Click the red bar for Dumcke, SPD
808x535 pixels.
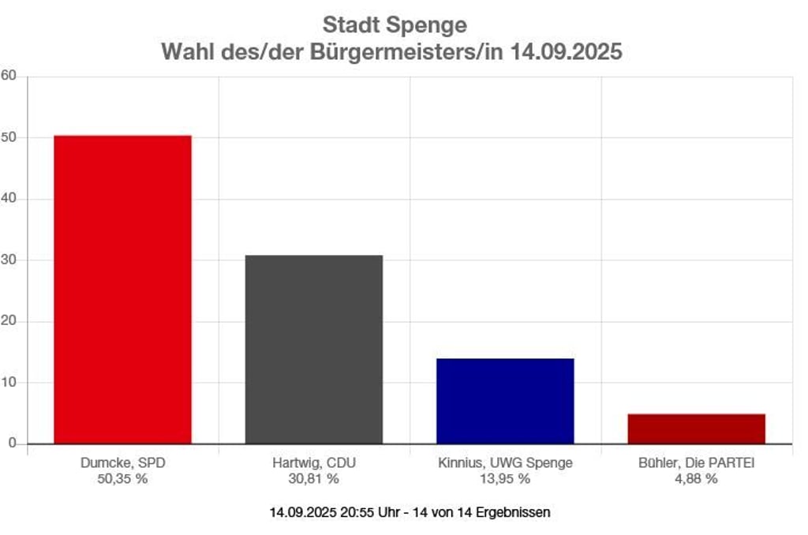[122, 289]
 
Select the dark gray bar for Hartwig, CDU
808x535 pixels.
[314, 349]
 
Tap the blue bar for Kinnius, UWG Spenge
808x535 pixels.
[505, 401]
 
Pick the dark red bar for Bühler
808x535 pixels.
[696, 428]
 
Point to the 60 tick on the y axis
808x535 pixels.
[9, 77]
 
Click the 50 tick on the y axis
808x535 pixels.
[9, 137]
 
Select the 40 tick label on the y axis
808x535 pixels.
[9, 199]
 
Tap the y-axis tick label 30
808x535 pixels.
[9, 260]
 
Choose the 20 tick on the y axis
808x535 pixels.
[9, 321]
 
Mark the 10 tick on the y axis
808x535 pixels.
[9, 383]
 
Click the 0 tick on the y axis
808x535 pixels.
[12, 443]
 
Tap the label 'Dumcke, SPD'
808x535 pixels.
[122, 463]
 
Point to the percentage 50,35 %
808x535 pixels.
[122, 479]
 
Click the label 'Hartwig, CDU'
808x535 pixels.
[314, 463]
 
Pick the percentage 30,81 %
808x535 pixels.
[314, 479]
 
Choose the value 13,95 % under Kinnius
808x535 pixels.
[505, 479]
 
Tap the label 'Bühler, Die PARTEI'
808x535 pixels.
[696, 463]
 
